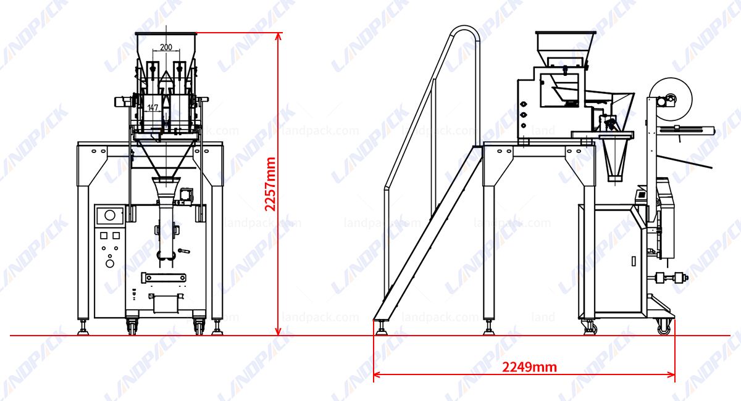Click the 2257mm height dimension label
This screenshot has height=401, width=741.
click(269, 184)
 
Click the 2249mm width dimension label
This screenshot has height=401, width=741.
click(529, 368)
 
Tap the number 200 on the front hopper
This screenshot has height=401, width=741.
click(165, 47)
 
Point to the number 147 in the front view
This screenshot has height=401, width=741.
click(153, 107)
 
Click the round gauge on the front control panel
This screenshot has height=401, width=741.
click(110, 215)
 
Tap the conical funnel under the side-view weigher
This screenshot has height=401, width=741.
click(614, 157)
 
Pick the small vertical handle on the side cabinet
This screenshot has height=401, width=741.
click(634, 261)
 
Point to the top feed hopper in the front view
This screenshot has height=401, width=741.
click(165, 46)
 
